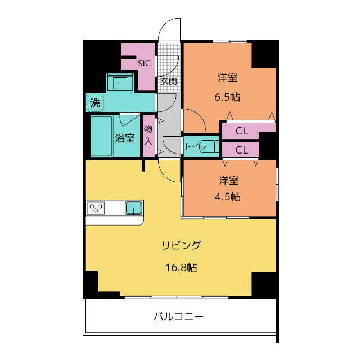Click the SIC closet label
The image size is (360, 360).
[144, 64]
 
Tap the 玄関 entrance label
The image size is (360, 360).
[169, 81]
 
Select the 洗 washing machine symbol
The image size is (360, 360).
[95, 102]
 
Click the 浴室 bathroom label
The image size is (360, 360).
[125, 138]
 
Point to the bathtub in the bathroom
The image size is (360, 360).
[102, 136]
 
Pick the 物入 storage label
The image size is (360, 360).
[148, 135]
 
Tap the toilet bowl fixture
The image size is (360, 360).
[209, 146]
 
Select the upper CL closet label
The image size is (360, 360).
[242, 131]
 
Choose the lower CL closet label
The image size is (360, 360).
[242, 150]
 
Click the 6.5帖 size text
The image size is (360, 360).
[227, 97]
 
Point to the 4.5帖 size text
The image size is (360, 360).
[228, 197]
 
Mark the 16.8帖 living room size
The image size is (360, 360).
[181, 268]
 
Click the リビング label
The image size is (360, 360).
[181, 245]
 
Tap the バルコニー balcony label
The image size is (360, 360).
[179, 317]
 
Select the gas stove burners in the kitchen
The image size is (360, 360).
[96, 208]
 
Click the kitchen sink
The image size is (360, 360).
[133, 208]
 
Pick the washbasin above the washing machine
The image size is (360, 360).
[120, 83]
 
